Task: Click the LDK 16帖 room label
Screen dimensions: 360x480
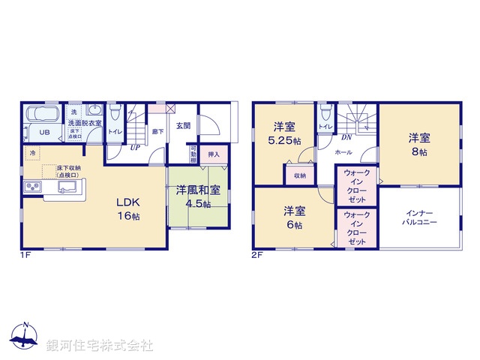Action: pos(127,208)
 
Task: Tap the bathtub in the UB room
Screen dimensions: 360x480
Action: pos(45,117)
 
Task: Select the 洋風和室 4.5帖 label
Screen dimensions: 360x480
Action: pos(198,196)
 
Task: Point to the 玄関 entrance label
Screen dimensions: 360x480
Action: pos(184,126)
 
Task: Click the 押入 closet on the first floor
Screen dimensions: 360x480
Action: pos(214,154)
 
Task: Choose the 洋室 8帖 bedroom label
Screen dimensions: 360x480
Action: pos(418,144)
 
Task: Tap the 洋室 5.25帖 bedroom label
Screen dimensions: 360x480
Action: pos(284,133)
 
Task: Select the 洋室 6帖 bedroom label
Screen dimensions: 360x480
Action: pos(293,217)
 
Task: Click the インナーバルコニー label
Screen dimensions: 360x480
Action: pos(420,217)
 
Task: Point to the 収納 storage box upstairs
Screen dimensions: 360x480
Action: pos(300,176)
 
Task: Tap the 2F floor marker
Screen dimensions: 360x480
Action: pos(257,256)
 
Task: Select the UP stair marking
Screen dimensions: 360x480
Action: pos(134,147)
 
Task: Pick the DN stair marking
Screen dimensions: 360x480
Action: pos(346,137)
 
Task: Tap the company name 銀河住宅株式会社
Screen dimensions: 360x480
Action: pos(100,346)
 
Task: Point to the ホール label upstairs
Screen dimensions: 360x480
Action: pos(343,151)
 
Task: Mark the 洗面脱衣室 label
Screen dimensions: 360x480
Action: pos(85,121)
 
